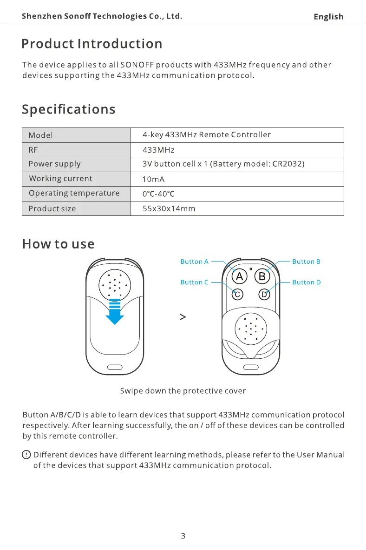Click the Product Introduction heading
pyautogui.click(x=92, y=44)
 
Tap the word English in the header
pyautogui.click(x=328, y=17)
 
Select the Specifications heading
pyautogui.click(x=69, y=109)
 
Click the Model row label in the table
pyautogui.click(x=41, y=135)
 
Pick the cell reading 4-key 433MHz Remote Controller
pyautogui.click(x=207, y=135)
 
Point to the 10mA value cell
pyautogui.click(x=154, y=179)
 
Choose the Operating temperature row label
pyautogui.click(x=74, y=193)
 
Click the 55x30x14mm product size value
pyautogui.click(x=169, y=208)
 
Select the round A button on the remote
pyautogui.click(x=239, y=276)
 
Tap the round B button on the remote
pyautogui.click(x=262, y=276)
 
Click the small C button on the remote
pyautogui.click(x=237, y=295)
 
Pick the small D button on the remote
pyautogui.click(x=264, y=295)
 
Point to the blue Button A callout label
pyautogui.click(x=195, y=262)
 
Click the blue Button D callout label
pyautogui.click(x=307, y=282)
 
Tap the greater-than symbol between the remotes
pyautogui.click(x=183, y=317)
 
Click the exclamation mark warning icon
pyautogui.click(x=27, y=454)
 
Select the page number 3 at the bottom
pyautogui.click(x=183, y=536)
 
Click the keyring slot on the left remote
pyautogui.click(x=115, y=368)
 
